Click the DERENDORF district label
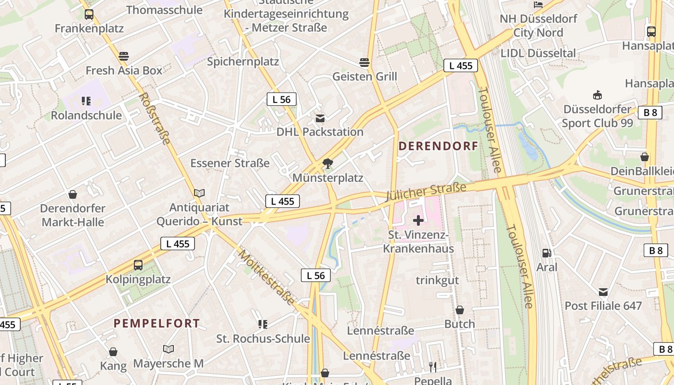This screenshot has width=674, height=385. pyautogui.click(x=438, y=146)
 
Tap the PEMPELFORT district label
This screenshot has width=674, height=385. pyautogui.click(x=156, y=323)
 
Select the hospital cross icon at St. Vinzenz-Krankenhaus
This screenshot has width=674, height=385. pyautogui.click(x=418, y=220)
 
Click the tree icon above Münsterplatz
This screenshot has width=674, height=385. pyautogui.click(x=328, y=164)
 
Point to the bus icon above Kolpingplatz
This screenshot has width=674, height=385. pyautogui.click(x=138, y=265)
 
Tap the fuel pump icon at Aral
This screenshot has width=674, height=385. pyautogui.click(x=546, y=253)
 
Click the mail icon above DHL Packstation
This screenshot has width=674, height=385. pyautogui.click(x=320, y=118)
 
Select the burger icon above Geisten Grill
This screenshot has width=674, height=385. pyautogui.click(x=364, y=62)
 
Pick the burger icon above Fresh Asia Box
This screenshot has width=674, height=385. pyautogui.click(x=124, y=56)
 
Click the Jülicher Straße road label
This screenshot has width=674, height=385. pyautogui.click(x=427, y=191)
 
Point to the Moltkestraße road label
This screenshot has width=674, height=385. pyautogui.click(x=266, y=277)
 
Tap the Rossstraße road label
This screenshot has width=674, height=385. pyautogui.click(x=155, y=118)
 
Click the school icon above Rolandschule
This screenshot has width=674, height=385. pyautogui.click(x=86, y=101)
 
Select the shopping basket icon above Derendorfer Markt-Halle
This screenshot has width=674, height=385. pyautogui.click(x=73, y=194)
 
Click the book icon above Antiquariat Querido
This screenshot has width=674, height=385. pyautogui.click(x=199, y=193)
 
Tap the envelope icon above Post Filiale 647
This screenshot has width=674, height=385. pyautogui.click(x=603, y=292)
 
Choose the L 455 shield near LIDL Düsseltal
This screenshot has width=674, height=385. pyautogui.click(x=461, y=65)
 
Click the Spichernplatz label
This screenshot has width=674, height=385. pyautogui.click(x=243, y=62)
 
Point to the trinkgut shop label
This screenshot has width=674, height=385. pyautogui.click(x=437, y=280)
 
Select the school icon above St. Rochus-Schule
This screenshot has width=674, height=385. pyautogui.click(x=262, y=324)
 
